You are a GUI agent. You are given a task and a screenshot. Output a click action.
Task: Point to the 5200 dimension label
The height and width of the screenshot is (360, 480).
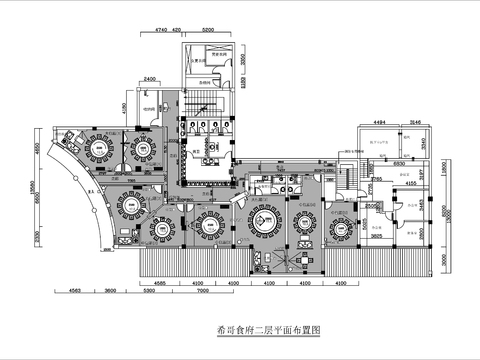pyautogui.click(x=208, y=31)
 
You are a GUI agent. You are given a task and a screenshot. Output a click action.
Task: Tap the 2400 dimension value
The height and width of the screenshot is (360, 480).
pyautogui.click(x=149, y=78)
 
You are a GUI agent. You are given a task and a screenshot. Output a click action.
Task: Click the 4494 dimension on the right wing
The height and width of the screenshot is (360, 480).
pyautogui.click(x=379, y=121)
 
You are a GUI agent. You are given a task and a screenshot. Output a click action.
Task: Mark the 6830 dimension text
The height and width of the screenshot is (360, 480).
pyautogui.click(x=398, y=162)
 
